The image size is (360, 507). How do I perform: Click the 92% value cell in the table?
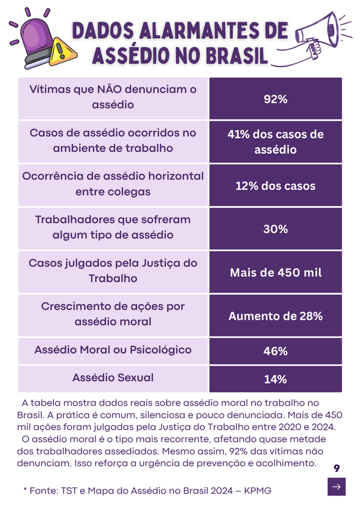275,99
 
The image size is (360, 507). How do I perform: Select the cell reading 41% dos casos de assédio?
275,142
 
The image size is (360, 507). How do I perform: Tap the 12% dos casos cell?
275,186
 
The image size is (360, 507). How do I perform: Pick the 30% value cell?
275,229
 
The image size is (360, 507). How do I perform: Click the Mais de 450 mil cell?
275,272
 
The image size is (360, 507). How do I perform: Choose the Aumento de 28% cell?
275,316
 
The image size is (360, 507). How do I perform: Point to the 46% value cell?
275,352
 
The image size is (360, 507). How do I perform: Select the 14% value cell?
275,379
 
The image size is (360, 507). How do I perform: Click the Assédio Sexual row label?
113,378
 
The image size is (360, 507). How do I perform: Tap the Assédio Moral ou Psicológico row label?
113,350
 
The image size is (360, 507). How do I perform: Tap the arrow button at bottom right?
336,487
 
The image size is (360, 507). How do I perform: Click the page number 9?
337,468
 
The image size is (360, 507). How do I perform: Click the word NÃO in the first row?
105,90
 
